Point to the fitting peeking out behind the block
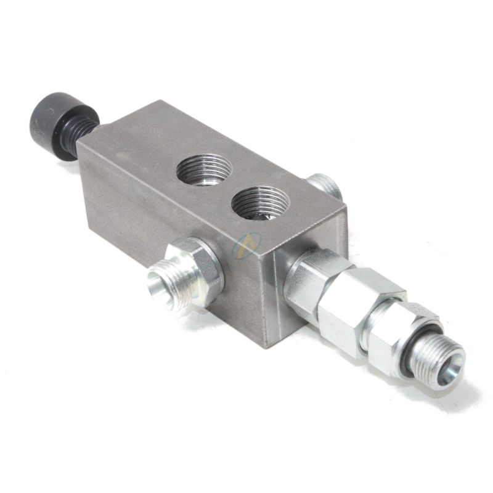coord(324,185)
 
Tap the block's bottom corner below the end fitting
coord(267,345)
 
